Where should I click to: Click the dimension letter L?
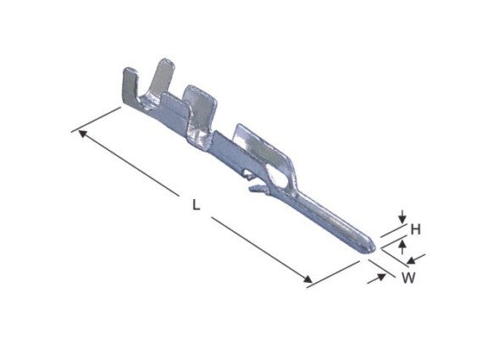click(x=196, y=205)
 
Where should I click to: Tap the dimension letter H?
click(x=415, y=230)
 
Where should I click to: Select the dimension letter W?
click(x=408, y=278)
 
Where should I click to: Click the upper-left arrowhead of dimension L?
click(x=82, y=134)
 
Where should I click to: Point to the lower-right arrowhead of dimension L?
click(x=308, y=279)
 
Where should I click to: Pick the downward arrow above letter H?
click(x=402, y=217)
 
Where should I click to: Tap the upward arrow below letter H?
click(x=402, y=247)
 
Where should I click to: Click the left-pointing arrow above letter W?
click(x=416, y=259)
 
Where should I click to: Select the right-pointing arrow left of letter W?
click(x=376, y=279)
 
